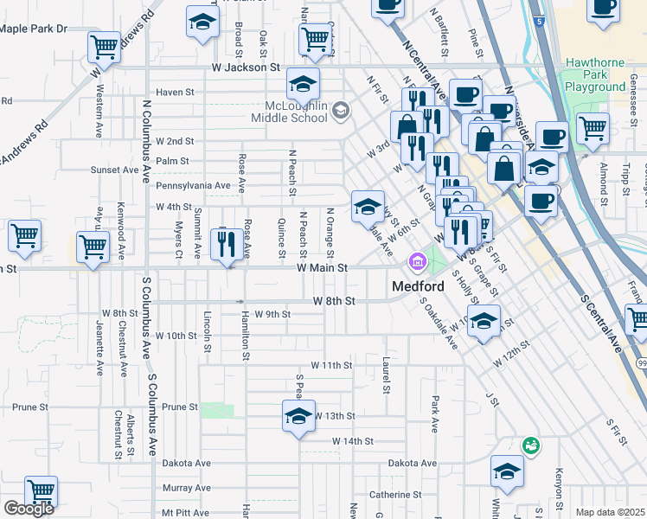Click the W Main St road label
click(322, 269)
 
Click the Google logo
click(29, 509)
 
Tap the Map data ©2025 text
click(611, 512)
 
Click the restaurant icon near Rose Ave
click(228, 243)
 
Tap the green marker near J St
click(531, 445)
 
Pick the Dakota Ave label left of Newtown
click(190, 464)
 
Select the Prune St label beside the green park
click(180, 407)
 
